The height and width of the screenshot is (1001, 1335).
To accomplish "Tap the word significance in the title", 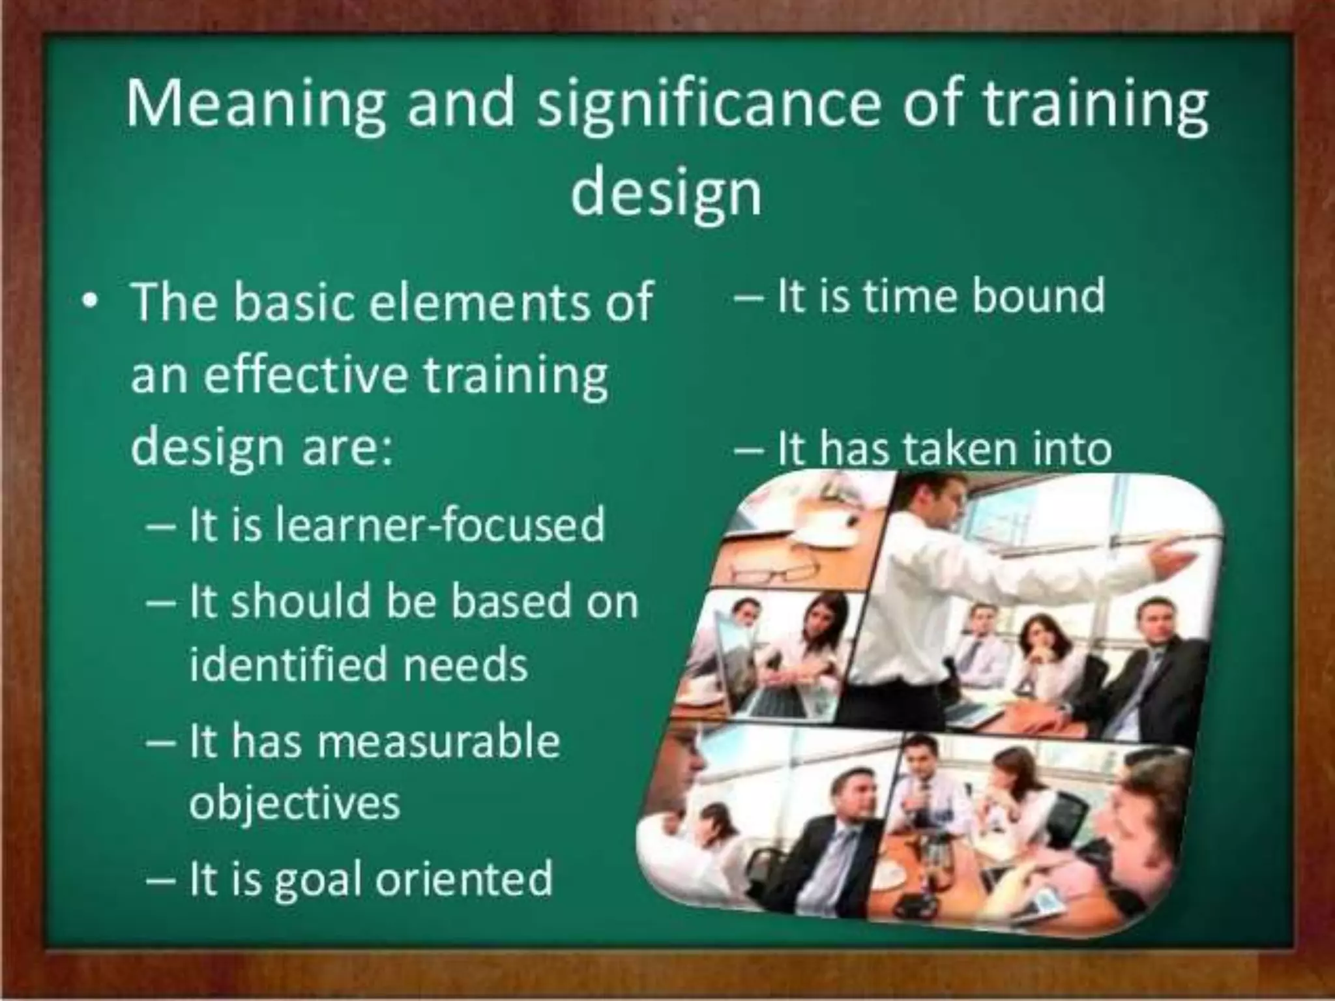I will pos(708,104).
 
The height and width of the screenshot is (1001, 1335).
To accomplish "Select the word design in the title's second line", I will pos(666,192).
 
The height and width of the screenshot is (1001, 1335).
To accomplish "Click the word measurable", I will pos(438,741).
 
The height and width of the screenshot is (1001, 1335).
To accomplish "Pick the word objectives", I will pos(294,804).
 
